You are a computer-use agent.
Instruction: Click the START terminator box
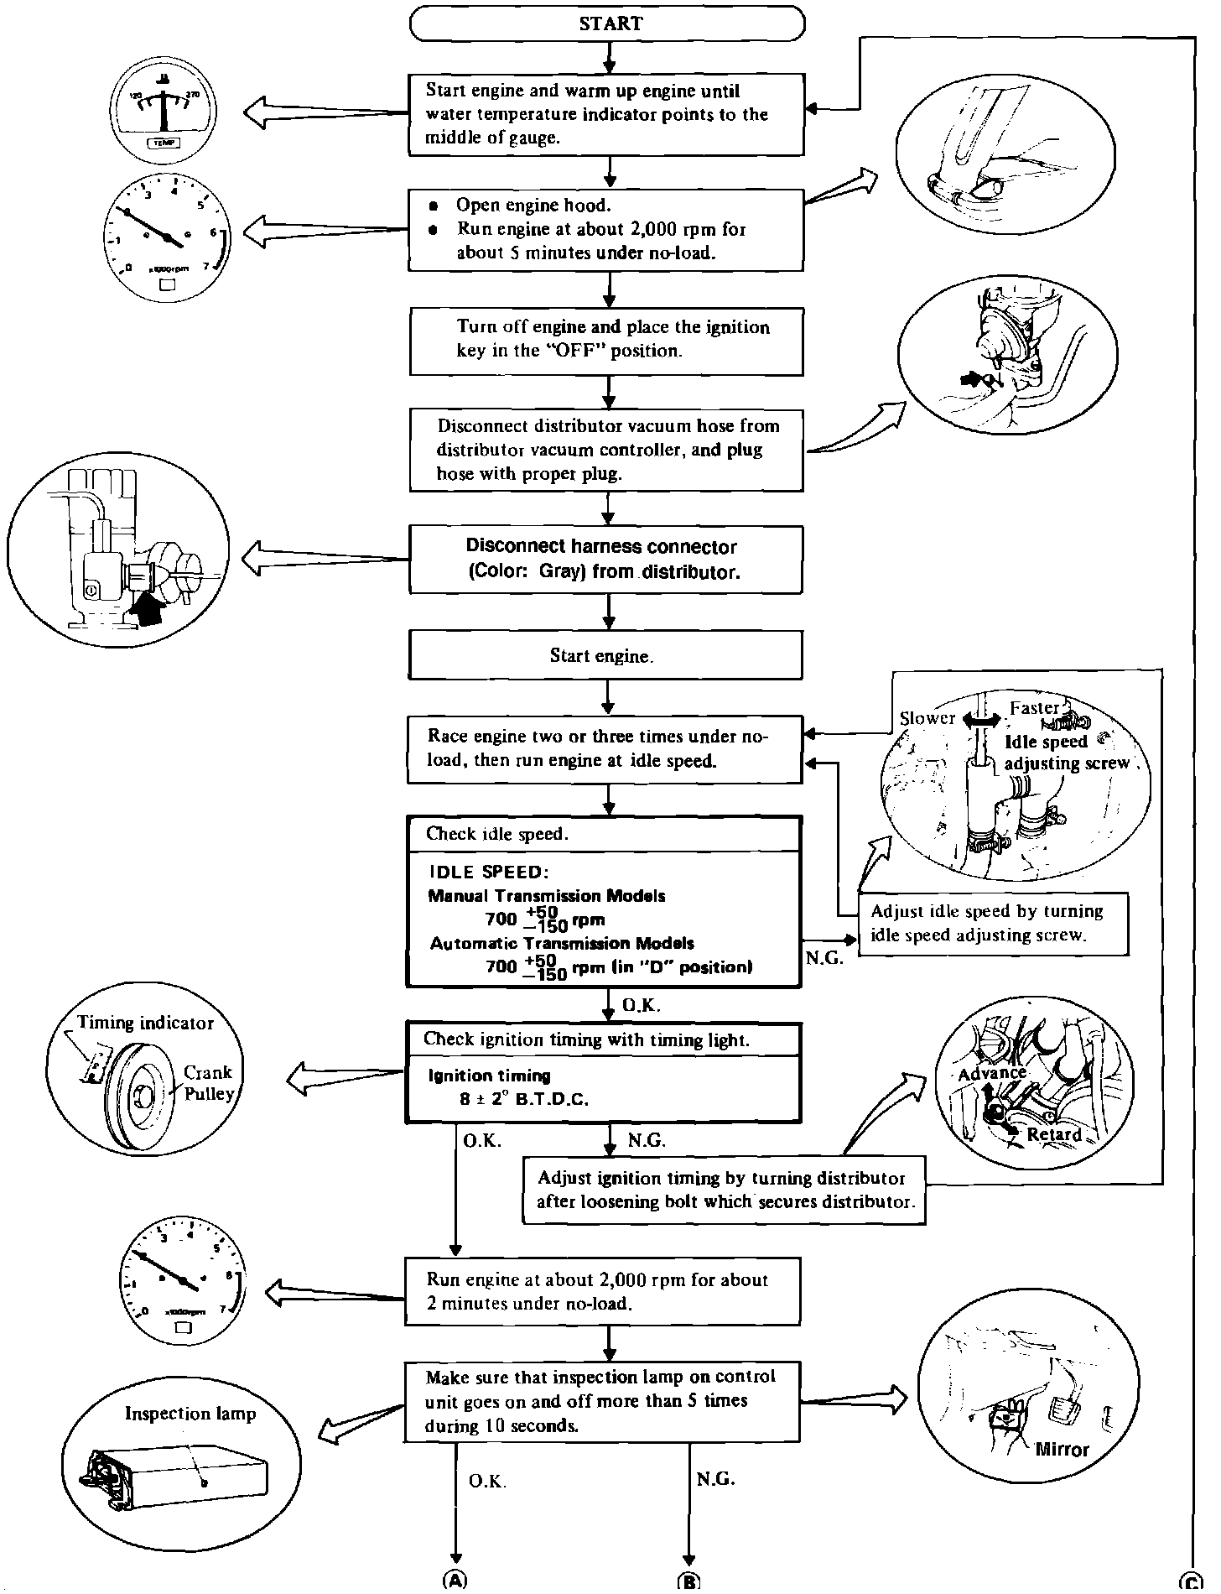pyautogui.click(x=607, y=23)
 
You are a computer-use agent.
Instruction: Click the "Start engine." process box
pyautogui.click(x=605, y=655)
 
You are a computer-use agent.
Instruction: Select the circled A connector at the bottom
pyautogui.click(x=455, y=1581)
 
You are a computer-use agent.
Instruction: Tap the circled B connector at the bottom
pyautogui.click(x=688, y=1581)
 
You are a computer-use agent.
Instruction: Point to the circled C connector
pyautogui.click(x=1191, y=1581)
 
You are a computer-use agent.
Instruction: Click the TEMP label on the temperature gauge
pyautogui.click(x=162, y=143)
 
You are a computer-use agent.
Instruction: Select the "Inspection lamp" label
pyautogui.click(x=190, y=1414)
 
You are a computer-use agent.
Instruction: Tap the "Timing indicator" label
pyautogui.click(x=145, y=1023)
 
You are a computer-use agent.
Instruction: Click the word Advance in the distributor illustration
pyautogui.click(x=993, y=1073)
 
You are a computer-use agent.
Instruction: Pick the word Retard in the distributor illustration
pyautogui.click(x=1055, y=1134)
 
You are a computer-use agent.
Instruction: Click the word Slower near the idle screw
pyautogui.click(x=927, y=718)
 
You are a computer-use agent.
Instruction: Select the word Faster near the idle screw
pyautogui.click(x=1035, y=707)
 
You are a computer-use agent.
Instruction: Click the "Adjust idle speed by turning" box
pyautogui.click(x=993, y=924)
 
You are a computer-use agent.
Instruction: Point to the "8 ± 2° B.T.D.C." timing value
pyautogui.click(x=524, y=1099)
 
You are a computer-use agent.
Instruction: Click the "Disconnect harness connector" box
pyautogui.click(x=605, y=560)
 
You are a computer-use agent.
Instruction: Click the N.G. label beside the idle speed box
pyautogui.click(x=825, y=959)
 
